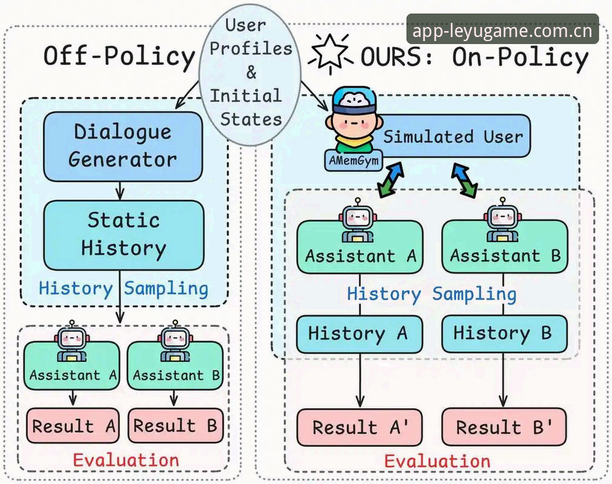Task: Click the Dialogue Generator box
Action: [x=123, y=146]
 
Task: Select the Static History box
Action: [x=123, y=235]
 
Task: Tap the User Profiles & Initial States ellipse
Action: [x=250, y=74]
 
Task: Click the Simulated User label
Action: [x=453, y=137]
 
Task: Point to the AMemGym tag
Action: [x=354, y=160]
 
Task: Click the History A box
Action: [x=359, y=334]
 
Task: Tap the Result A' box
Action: [x=359, y=427]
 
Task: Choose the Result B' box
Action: [x=504, y=427]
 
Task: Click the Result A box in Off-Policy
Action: [x=73, y=425]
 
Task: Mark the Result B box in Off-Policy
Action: [x=176, y=425]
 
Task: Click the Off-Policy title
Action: [x=119, y=56]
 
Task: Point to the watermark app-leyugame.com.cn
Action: [x=502, y=30]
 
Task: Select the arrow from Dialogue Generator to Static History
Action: [x=120, y=191]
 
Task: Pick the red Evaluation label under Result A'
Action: [x=437, y=461]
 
